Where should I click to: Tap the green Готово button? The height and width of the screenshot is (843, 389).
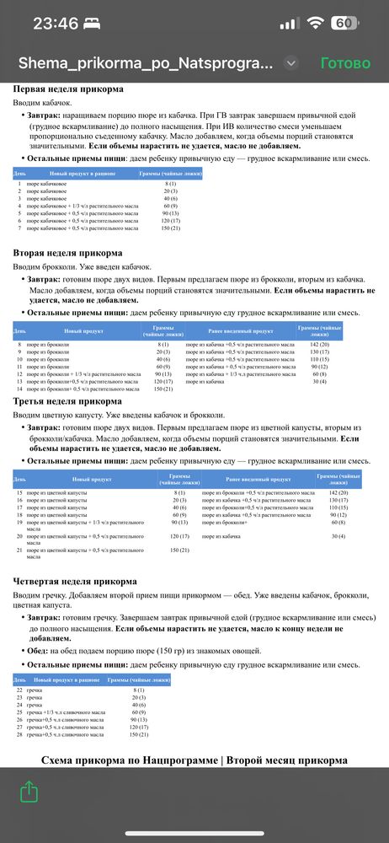coord(345,63)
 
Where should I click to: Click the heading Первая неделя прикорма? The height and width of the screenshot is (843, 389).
coord(68,89)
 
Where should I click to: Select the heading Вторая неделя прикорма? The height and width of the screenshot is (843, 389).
coord(67,252)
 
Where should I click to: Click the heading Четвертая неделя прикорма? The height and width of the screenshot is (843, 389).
coord(75,581)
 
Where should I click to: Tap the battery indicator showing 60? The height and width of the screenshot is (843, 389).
coord(344,24)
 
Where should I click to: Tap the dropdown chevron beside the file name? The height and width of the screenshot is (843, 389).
coord(291,63)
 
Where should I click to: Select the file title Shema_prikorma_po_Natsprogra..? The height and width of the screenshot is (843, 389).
coord(145,63)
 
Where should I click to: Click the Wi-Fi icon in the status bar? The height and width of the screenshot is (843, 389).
coord(316,24)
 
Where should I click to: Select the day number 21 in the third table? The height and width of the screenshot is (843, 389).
coord(19,550)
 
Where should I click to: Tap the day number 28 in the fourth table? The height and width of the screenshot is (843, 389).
coord(19,735)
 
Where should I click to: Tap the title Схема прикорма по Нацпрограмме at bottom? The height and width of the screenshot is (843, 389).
coord(194,760)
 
